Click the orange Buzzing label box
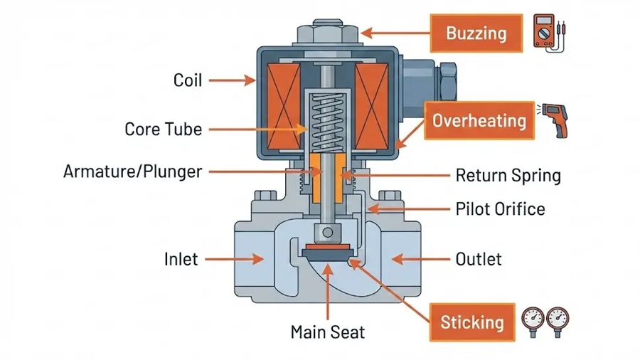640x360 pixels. click(x=476, y=33)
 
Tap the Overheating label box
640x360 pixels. click(x=479, y=121)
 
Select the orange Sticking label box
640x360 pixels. click(x=472, y=322)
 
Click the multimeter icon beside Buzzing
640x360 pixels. click(x=549, y=33)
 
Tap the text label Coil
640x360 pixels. click(x=187, y=80)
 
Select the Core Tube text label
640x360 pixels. click(x=164, y=129)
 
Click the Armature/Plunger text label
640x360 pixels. click(x=133, y=172)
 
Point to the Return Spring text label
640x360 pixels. click(x=508, y=176)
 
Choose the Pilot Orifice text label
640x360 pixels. click(x=501, y=209)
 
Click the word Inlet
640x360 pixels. click(x=181, y=259)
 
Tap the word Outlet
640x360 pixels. click(x=479, y=259)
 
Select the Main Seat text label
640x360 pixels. click(x=328, y=332)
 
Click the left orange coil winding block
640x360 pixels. click(x=283, y=107)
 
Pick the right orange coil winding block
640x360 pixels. click(x=371, y=107)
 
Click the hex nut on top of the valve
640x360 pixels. click(x=328, y=33)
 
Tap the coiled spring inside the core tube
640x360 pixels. click(x=327, y=121)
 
